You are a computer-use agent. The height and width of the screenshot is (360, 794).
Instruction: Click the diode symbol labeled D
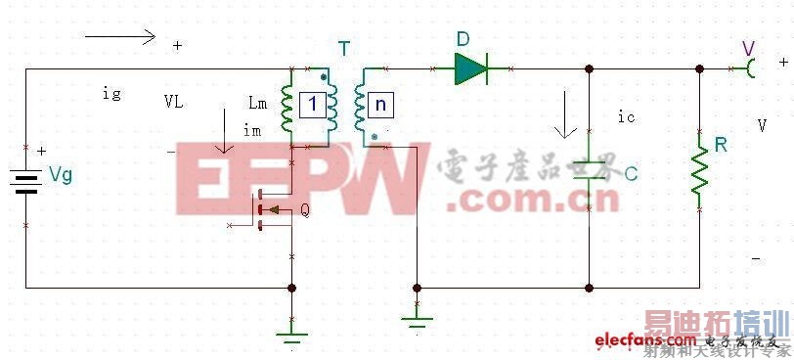pyautogui.click(x=471, y=67)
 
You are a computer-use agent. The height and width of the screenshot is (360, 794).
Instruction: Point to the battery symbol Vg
pyautogui.click(x=25, y=179)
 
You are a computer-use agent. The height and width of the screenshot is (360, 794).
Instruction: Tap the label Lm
pyautogui.click(x=257, y=103)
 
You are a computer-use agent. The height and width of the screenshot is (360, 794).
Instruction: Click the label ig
pyautogui.click(x=111, y=93)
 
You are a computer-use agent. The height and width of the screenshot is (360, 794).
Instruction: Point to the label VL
pyautogui.click(x=173, y=101)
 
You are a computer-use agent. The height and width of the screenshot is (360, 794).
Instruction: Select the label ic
pyautogui.click(x=627, y=116)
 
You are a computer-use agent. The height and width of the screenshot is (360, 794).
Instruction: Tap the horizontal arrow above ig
pyautogui.click(x=119, y=37)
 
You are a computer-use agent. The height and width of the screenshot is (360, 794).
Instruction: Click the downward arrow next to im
pyautogui.click(x=226, y=132)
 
